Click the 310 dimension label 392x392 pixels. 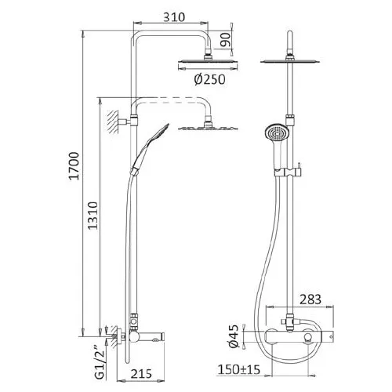[174, 17]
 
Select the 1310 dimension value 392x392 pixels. [93, 216]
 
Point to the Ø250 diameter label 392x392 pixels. [209, 79]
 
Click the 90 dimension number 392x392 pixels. [226, 40]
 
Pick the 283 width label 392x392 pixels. [310, 299]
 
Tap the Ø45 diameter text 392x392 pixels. [234, 336]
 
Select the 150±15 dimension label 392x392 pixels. [239, 369]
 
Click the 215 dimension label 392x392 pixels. [141, 374]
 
